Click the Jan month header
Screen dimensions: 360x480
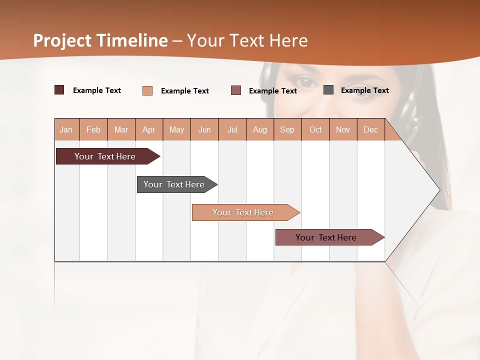pyautogui.click(x=66, y=129)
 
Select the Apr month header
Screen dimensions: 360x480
pyautogui.click(x=148, y=129)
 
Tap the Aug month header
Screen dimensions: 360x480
pyautogui.click(x=259, y=129)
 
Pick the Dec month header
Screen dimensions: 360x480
pyautogui.click(x=370, y=129)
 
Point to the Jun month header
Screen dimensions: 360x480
pyautogui.click(x=204, y=129)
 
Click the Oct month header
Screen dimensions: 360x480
pyautogui.click(x=315, y=129)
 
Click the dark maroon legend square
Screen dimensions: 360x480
pyautogui.click(x=59, y=90)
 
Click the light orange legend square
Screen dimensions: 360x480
pyautogui.click(x=147, y=90)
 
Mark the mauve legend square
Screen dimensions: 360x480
pyautogui.click(x=235, y=90)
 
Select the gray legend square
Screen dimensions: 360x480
pyautogui.click(x=328, y=90)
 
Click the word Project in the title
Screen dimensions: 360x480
pyautogui.click(x=62, y=40)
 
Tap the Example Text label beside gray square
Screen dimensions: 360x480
pyautogui.click(x=364, y=90)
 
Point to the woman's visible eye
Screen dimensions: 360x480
pyautogui.click(x=304, y=81)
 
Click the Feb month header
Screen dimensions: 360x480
pyautogui.click(x=93, y=129)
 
